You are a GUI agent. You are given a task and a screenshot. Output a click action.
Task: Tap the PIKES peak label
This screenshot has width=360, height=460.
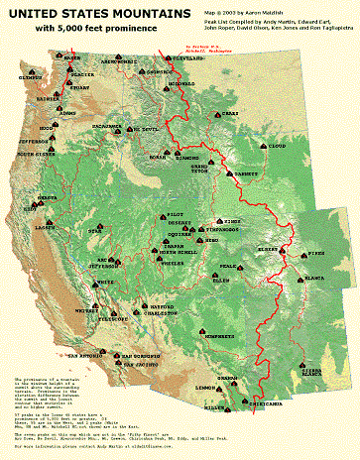pos(316,254)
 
